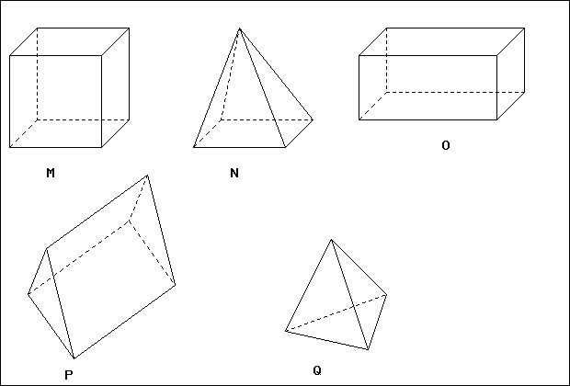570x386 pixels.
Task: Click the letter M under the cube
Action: (x=51, y=173)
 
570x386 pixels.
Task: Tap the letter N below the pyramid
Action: (x=234, y=173)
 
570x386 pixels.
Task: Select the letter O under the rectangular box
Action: (x=446, y=145)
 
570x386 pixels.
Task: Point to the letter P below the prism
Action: (x=69, y=375)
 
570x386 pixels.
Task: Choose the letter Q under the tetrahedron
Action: (x=317, y=370)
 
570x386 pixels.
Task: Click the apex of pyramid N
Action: (x=239, y=28)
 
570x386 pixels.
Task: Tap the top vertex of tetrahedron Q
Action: (x=331, y=240)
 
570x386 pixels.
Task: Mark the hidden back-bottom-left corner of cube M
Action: (x=37, y=119)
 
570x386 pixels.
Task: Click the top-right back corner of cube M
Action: (x=129, y=28)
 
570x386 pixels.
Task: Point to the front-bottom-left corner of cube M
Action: (x=10, y=147)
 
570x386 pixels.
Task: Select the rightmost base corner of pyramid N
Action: (x=313, y=119)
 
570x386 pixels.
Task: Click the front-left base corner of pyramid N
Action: (x=193, y=147)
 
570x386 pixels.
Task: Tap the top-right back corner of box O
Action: (x=524, y=28)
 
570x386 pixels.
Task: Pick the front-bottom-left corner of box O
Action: (x=359, y=119)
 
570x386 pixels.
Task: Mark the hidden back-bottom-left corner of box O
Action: (x=386, y=92)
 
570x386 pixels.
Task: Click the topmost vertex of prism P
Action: (x=147, y=176)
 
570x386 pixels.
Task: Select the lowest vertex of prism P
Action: (x=74, y=358)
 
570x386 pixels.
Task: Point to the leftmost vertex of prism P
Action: (x=28, y=294)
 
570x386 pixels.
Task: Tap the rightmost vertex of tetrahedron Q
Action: (x=386, y=295)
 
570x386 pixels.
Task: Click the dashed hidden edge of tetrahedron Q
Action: (x=336, y=313)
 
